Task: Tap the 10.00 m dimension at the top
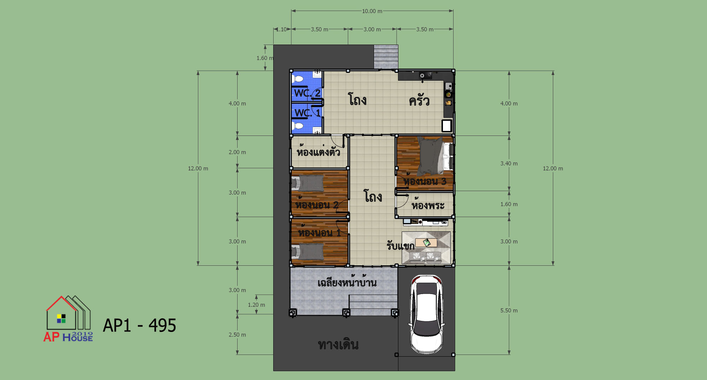click(x=372, y=11)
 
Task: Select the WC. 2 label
click(x=307, y=93)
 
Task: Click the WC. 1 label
click(x=307, y=113)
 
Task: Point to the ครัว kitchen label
click(x=419, y=100)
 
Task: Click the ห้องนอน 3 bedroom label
click(x=425, y=180)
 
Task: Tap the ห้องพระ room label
click(x=428, y=205)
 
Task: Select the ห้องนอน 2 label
click(x=317, y=204)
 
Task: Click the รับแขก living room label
click(x=400, y=246)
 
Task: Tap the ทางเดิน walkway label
click(x=338, y=344)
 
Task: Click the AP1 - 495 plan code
click(x=139, y=325)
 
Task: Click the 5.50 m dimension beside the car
click(x=509, y=310)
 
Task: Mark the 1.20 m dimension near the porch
click(x=256, y=305)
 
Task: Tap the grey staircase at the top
click(x=386, y=57)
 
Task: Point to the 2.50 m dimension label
click(x=237, y=335)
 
